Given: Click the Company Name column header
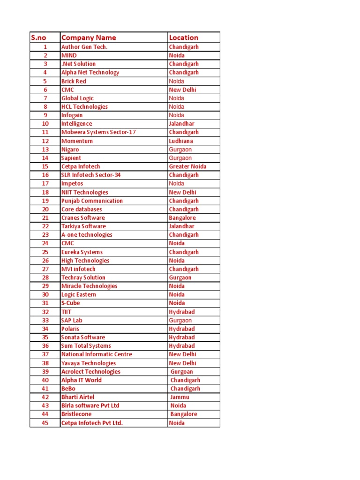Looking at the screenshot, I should [89, 37].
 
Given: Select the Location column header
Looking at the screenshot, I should [184, 37].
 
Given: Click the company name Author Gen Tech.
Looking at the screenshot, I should [84, 47].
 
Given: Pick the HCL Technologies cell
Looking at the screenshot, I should [84, 106].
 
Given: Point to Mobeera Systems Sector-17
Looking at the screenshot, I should [98, 132].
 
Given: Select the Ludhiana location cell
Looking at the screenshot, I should [181, 141].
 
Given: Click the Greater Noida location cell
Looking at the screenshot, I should [187, 166].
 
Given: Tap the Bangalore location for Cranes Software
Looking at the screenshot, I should [182, 217].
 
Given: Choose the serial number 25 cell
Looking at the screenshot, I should [45, 252].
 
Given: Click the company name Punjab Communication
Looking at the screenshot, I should [92, 201].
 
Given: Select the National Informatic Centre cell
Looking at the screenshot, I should [97, 354].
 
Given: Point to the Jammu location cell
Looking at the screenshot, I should [180, 397].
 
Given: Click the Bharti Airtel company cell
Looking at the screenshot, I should [78, 397].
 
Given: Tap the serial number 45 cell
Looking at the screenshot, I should [45, 423].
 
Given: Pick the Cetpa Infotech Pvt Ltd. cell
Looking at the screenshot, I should [92, 423].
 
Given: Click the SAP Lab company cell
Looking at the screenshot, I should [72, 320].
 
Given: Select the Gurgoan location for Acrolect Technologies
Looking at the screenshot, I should [182, 372].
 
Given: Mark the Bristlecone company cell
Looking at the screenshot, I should [76, 414].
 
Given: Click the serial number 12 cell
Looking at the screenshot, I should [45, 141].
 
